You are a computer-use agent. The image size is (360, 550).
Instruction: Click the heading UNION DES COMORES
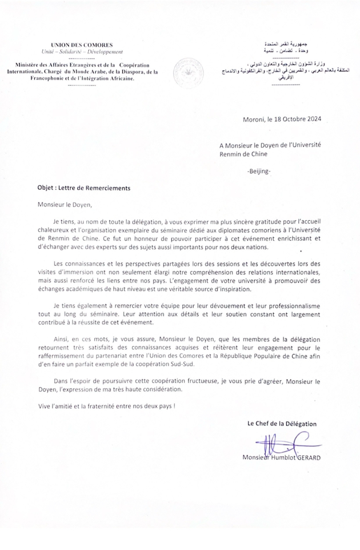click(x=82, y=45)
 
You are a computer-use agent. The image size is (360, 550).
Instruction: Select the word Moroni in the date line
click(x=254, y=120)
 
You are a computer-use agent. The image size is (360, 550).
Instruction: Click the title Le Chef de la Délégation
click(x=282, y=424)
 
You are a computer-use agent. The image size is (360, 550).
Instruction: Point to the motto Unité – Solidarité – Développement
click(x=82, y=51)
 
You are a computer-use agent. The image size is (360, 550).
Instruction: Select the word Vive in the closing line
click(x=38, y=406)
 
